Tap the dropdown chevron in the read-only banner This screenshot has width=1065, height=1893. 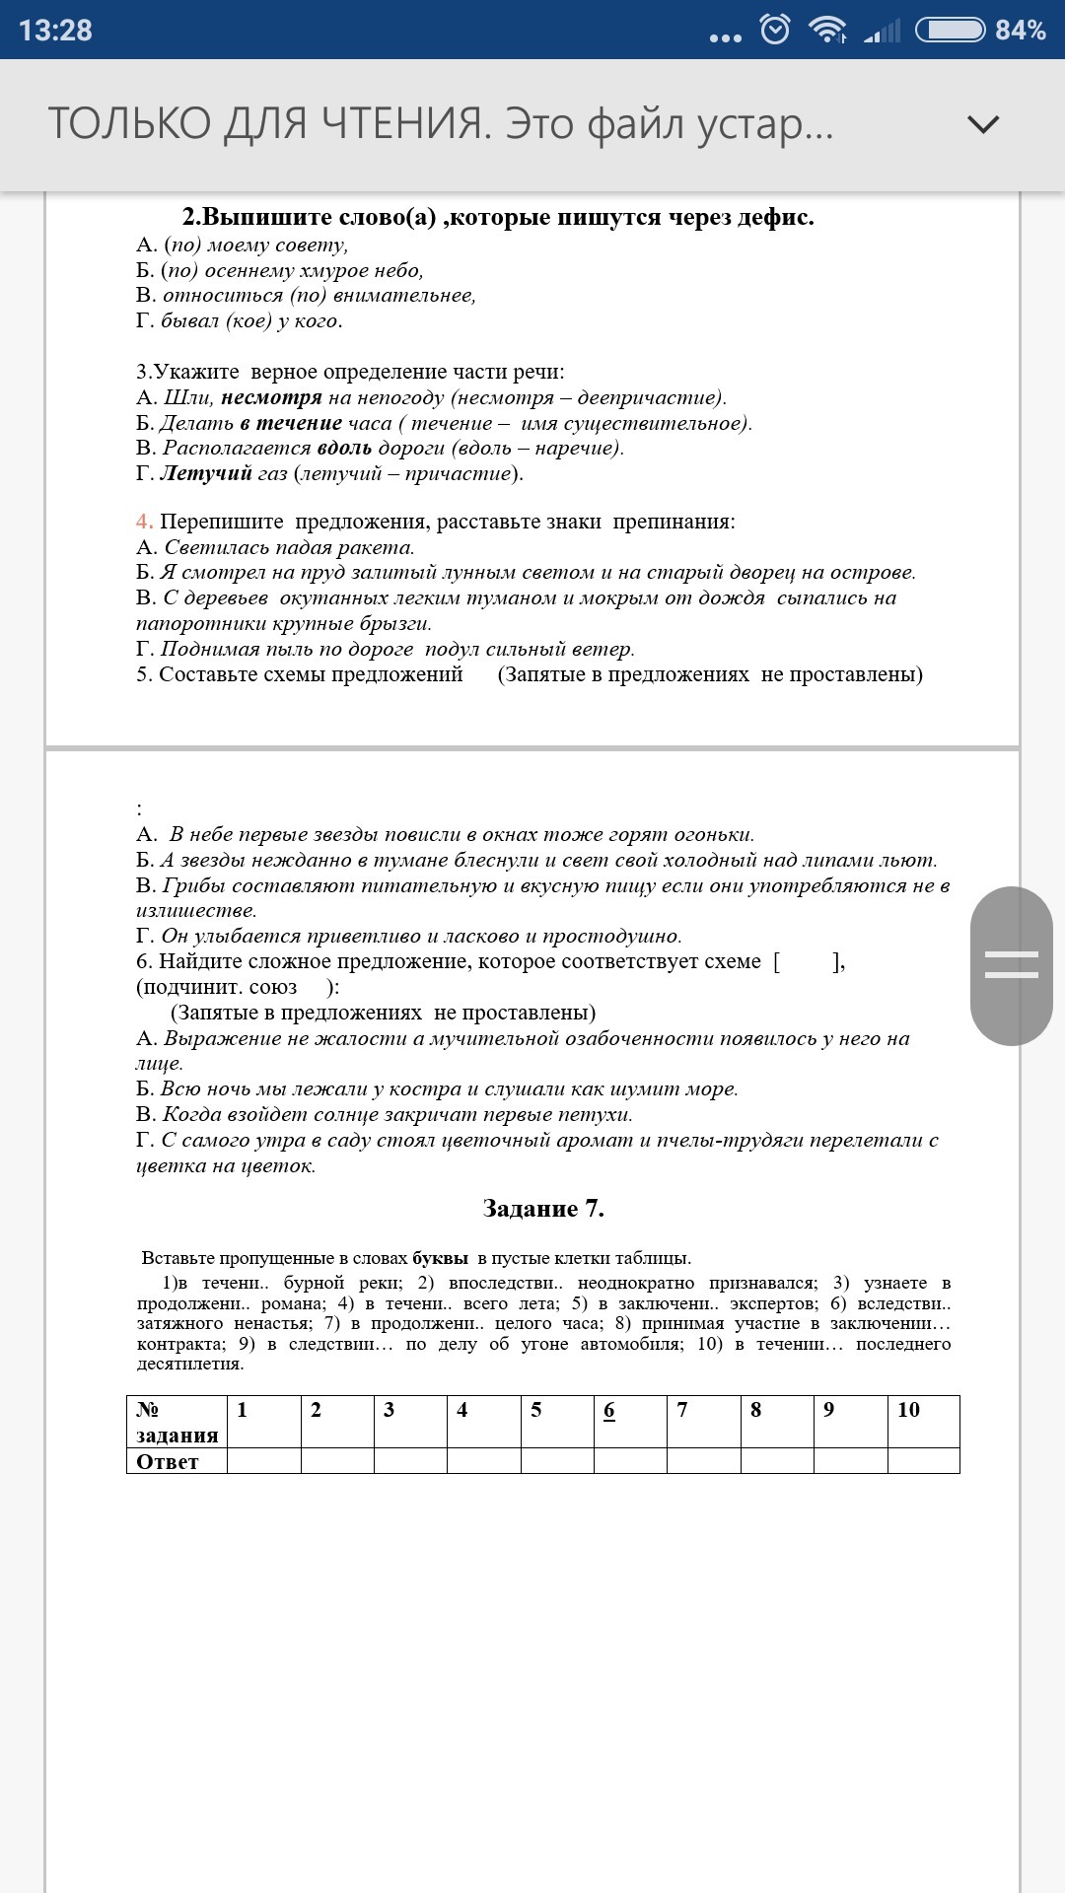983,124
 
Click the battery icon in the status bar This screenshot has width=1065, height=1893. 950,30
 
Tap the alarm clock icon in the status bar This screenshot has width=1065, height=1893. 775,30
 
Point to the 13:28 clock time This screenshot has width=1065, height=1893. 55,31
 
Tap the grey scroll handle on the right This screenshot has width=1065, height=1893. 1011,965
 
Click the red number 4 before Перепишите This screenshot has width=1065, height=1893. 144,522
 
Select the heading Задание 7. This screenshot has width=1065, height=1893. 543,1209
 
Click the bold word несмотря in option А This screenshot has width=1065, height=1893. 271,397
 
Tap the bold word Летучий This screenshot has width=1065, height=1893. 206,473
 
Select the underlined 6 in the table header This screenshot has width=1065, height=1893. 609,1410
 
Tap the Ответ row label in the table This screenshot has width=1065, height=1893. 168,1461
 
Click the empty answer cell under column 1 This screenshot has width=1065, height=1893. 263,1460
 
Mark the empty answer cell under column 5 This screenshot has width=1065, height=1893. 557,1460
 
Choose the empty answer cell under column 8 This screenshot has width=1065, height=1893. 777,1460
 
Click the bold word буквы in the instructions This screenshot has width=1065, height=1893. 440,1258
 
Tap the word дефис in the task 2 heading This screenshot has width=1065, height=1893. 775,217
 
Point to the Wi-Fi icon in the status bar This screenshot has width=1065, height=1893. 825,30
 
